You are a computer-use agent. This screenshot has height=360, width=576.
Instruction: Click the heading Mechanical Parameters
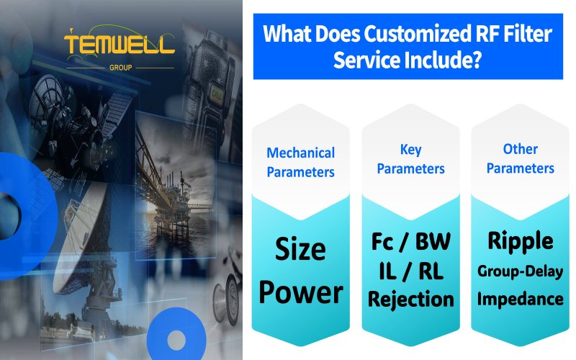[301, 162]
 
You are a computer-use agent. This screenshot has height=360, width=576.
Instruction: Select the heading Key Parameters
[410, 159]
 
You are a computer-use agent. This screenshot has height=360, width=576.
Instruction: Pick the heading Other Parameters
[520, 158]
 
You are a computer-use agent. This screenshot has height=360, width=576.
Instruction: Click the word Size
[301, 250]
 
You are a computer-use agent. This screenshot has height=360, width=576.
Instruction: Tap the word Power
[301, 292]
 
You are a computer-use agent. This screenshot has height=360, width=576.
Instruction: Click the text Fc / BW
[410, 240]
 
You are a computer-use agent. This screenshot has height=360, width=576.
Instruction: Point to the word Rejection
[410, 298]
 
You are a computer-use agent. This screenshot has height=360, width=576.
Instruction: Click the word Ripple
[520, 240]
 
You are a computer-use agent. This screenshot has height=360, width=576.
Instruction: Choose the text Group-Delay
[520, 271]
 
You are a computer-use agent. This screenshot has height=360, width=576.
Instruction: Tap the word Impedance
[520, 298]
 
